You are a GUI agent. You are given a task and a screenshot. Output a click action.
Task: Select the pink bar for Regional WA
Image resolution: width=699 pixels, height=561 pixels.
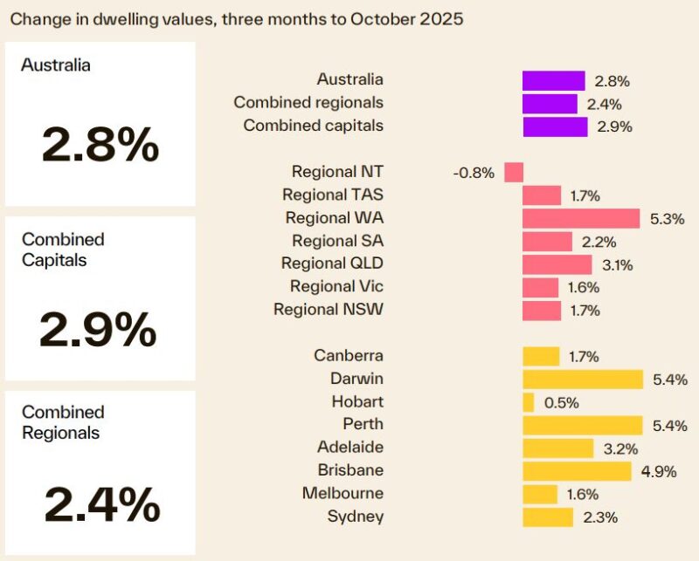tap(581, 218)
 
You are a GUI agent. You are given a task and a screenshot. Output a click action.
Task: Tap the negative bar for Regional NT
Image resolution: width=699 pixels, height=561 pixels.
tap(514, 172)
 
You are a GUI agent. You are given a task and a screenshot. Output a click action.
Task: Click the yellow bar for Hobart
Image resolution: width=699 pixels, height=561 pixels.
tap(528, 402)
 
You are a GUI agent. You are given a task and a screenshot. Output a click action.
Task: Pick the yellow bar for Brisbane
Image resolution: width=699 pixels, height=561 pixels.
tap(577, 471)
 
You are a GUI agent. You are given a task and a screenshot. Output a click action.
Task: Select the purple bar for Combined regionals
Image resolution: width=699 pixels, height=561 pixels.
tap(550, 104)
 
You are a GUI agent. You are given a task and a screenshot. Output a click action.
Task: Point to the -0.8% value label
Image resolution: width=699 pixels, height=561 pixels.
tap(474, 173)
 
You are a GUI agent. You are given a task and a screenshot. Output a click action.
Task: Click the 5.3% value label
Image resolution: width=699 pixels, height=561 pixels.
tap(668, 219)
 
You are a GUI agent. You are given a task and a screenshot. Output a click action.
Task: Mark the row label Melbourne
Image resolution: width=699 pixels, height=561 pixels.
tap(343, 493)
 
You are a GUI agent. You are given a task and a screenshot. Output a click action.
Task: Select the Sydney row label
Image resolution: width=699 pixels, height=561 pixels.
tap(355, 517)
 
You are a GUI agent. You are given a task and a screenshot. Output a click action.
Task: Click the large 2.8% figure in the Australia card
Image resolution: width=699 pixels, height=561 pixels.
tap(100, 146)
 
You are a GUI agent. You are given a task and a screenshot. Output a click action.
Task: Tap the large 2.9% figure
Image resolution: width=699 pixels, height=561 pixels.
tap(98, 330)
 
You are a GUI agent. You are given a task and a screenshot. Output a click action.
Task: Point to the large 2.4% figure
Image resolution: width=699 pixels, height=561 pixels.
tap(101, 503)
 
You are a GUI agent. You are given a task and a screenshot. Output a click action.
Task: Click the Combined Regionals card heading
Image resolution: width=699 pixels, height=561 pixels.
tap(63, 422)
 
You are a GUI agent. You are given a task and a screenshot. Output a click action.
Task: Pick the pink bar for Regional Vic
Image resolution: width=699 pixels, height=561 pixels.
tap(540, 287)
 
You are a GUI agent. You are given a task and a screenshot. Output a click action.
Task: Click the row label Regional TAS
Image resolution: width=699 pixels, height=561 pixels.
tap(333, 195)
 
